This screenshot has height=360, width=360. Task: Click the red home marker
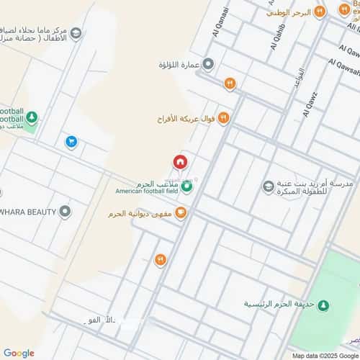click(x=179, y=163)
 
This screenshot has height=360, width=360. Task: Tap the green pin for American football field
click(x=187, y=187)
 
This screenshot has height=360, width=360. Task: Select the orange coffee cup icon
click(x=181, y=212)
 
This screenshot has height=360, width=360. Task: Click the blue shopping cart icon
click(x=71, y=142)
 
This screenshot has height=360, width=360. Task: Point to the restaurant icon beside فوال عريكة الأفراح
click(x=223, y=117)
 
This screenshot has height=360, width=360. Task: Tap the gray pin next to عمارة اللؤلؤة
click(x=208, y=65)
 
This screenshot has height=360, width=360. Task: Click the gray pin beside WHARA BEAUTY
click(x=66, y=211)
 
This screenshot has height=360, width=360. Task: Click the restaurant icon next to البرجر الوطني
click(x=343, y=12)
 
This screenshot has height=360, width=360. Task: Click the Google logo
click(x=19, y=353)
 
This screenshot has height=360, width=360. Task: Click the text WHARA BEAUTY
click(x=27, y=212)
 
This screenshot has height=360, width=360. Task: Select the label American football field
click(x=146, y=191)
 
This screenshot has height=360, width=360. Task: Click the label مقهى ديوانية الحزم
click(x=139, y=214)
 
